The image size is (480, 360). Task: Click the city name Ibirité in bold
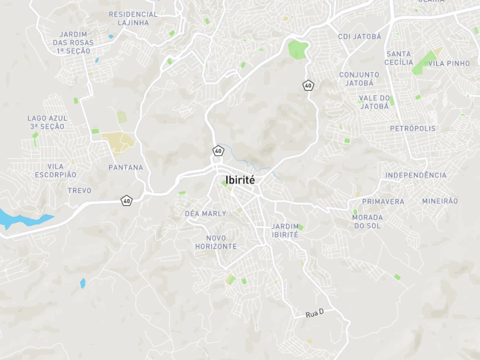240,180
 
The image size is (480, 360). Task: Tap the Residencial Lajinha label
133,18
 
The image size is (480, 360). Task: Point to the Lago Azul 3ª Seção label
47,122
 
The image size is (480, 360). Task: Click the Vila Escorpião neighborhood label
56,170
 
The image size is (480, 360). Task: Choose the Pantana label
126,167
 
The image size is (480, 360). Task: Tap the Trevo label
80,191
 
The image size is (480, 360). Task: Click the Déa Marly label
205,214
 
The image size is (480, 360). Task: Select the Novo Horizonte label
216,242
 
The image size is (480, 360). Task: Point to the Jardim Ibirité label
285,231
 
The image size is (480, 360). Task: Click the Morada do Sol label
367,222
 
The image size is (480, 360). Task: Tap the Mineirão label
440,201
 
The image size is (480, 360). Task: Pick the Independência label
416,175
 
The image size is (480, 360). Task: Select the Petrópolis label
412,128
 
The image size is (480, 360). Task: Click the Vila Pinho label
449,63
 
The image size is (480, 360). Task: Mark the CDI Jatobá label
360,36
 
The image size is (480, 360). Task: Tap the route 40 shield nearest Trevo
127,201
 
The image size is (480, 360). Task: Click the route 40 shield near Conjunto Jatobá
308,86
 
